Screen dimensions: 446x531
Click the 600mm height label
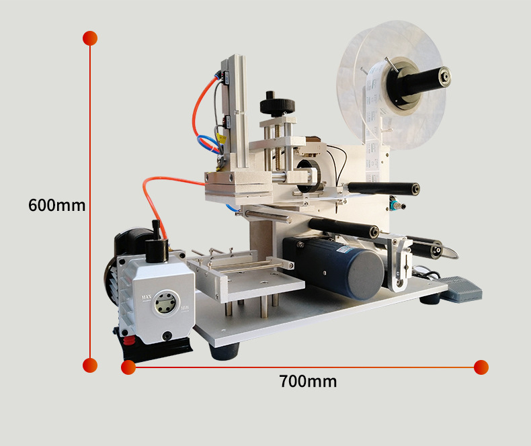pyautogui.click(x=57, y=205)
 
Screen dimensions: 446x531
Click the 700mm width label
pyautogui.click(x=308, y=382)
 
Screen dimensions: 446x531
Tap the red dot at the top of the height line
pyautogui.click(x=90, y=38)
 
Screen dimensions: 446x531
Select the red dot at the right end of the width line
pyautogui.click(x=481, y=367)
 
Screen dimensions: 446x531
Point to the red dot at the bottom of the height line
pyautogui.click(x=90, y=365)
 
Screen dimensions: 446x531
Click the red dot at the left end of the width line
pyautogui.click(x=128, y=367)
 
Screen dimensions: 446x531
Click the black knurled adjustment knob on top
pyautogui.click(x=278, y=105)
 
